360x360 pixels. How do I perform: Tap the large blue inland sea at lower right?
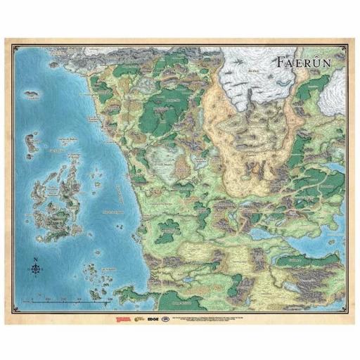click(x=309, y=243)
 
